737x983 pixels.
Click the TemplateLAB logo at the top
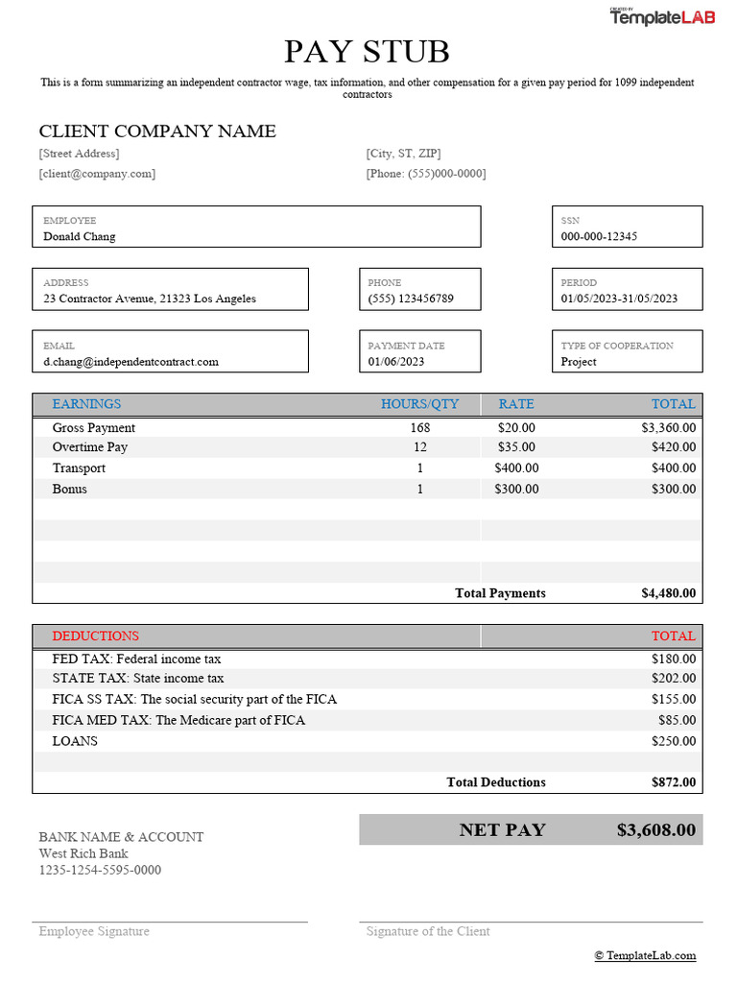tap(661, 17)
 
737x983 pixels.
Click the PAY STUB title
tap(367, 52)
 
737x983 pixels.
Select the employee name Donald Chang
tap(80, 236)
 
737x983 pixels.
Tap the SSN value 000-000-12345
tap(599, 236)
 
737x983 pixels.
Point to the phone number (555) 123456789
tap(411, 299)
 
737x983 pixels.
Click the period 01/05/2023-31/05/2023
tap(619, 299)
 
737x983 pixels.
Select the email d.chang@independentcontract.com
tap(131, 362)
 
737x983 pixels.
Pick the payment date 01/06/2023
tap(396, 362)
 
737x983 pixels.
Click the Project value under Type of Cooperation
tap(579, 362)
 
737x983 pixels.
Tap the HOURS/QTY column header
tap(419, 404)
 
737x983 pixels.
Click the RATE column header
tap(516, 404)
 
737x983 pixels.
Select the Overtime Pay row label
tap(90, 447)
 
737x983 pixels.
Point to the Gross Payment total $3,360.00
tap(668, 428)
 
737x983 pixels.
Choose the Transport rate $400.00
tap(516, 468)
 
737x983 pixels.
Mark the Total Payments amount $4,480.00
tap(668, 593)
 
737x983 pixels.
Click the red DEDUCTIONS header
tap(95, 636)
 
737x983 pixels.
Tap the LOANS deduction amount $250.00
tap(673, 742)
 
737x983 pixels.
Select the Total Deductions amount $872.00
tap(673, 782)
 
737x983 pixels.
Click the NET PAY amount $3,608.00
tap(655, 830)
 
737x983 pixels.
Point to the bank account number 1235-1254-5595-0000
tap(100, 871)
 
